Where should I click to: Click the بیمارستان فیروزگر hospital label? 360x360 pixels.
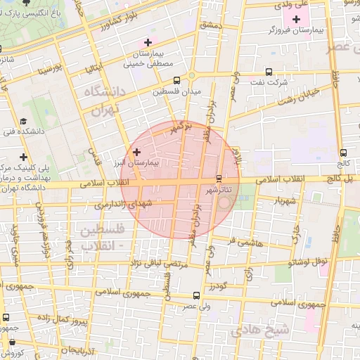point(290,31)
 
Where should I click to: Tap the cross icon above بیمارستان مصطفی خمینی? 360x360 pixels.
point(148,42)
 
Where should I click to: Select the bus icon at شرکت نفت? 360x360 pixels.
point(269,72)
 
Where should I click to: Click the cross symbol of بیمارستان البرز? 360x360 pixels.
point(136,152)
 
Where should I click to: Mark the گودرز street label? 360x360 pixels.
point(217,286)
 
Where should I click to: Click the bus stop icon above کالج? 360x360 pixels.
point(343,153)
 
